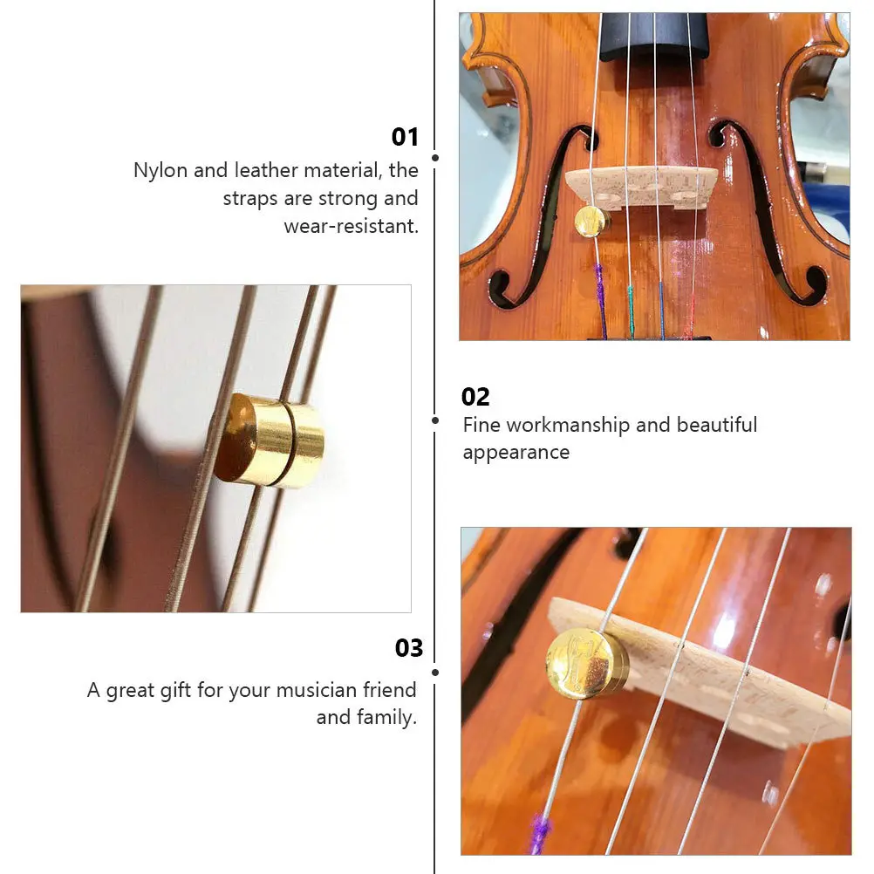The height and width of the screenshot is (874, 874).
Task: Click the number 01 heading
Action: point(405,137)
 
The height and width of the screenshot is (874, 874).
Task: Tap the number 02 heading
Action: point(475,397)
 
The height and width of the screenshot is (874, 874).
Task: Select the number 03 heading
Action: point(408,648)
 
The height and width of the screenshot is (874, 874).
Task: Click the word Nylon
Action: point(160,170)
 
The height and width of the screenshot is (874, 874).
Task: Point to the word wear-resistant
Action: point(351,226)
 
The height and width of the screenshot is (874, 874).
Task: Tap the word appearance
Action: point(516,453)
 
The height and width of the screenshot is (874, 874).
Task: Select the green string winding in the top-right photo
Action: point(630,301)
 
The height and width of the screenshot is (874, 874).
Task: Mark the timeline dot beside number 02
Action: point(435,420)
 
